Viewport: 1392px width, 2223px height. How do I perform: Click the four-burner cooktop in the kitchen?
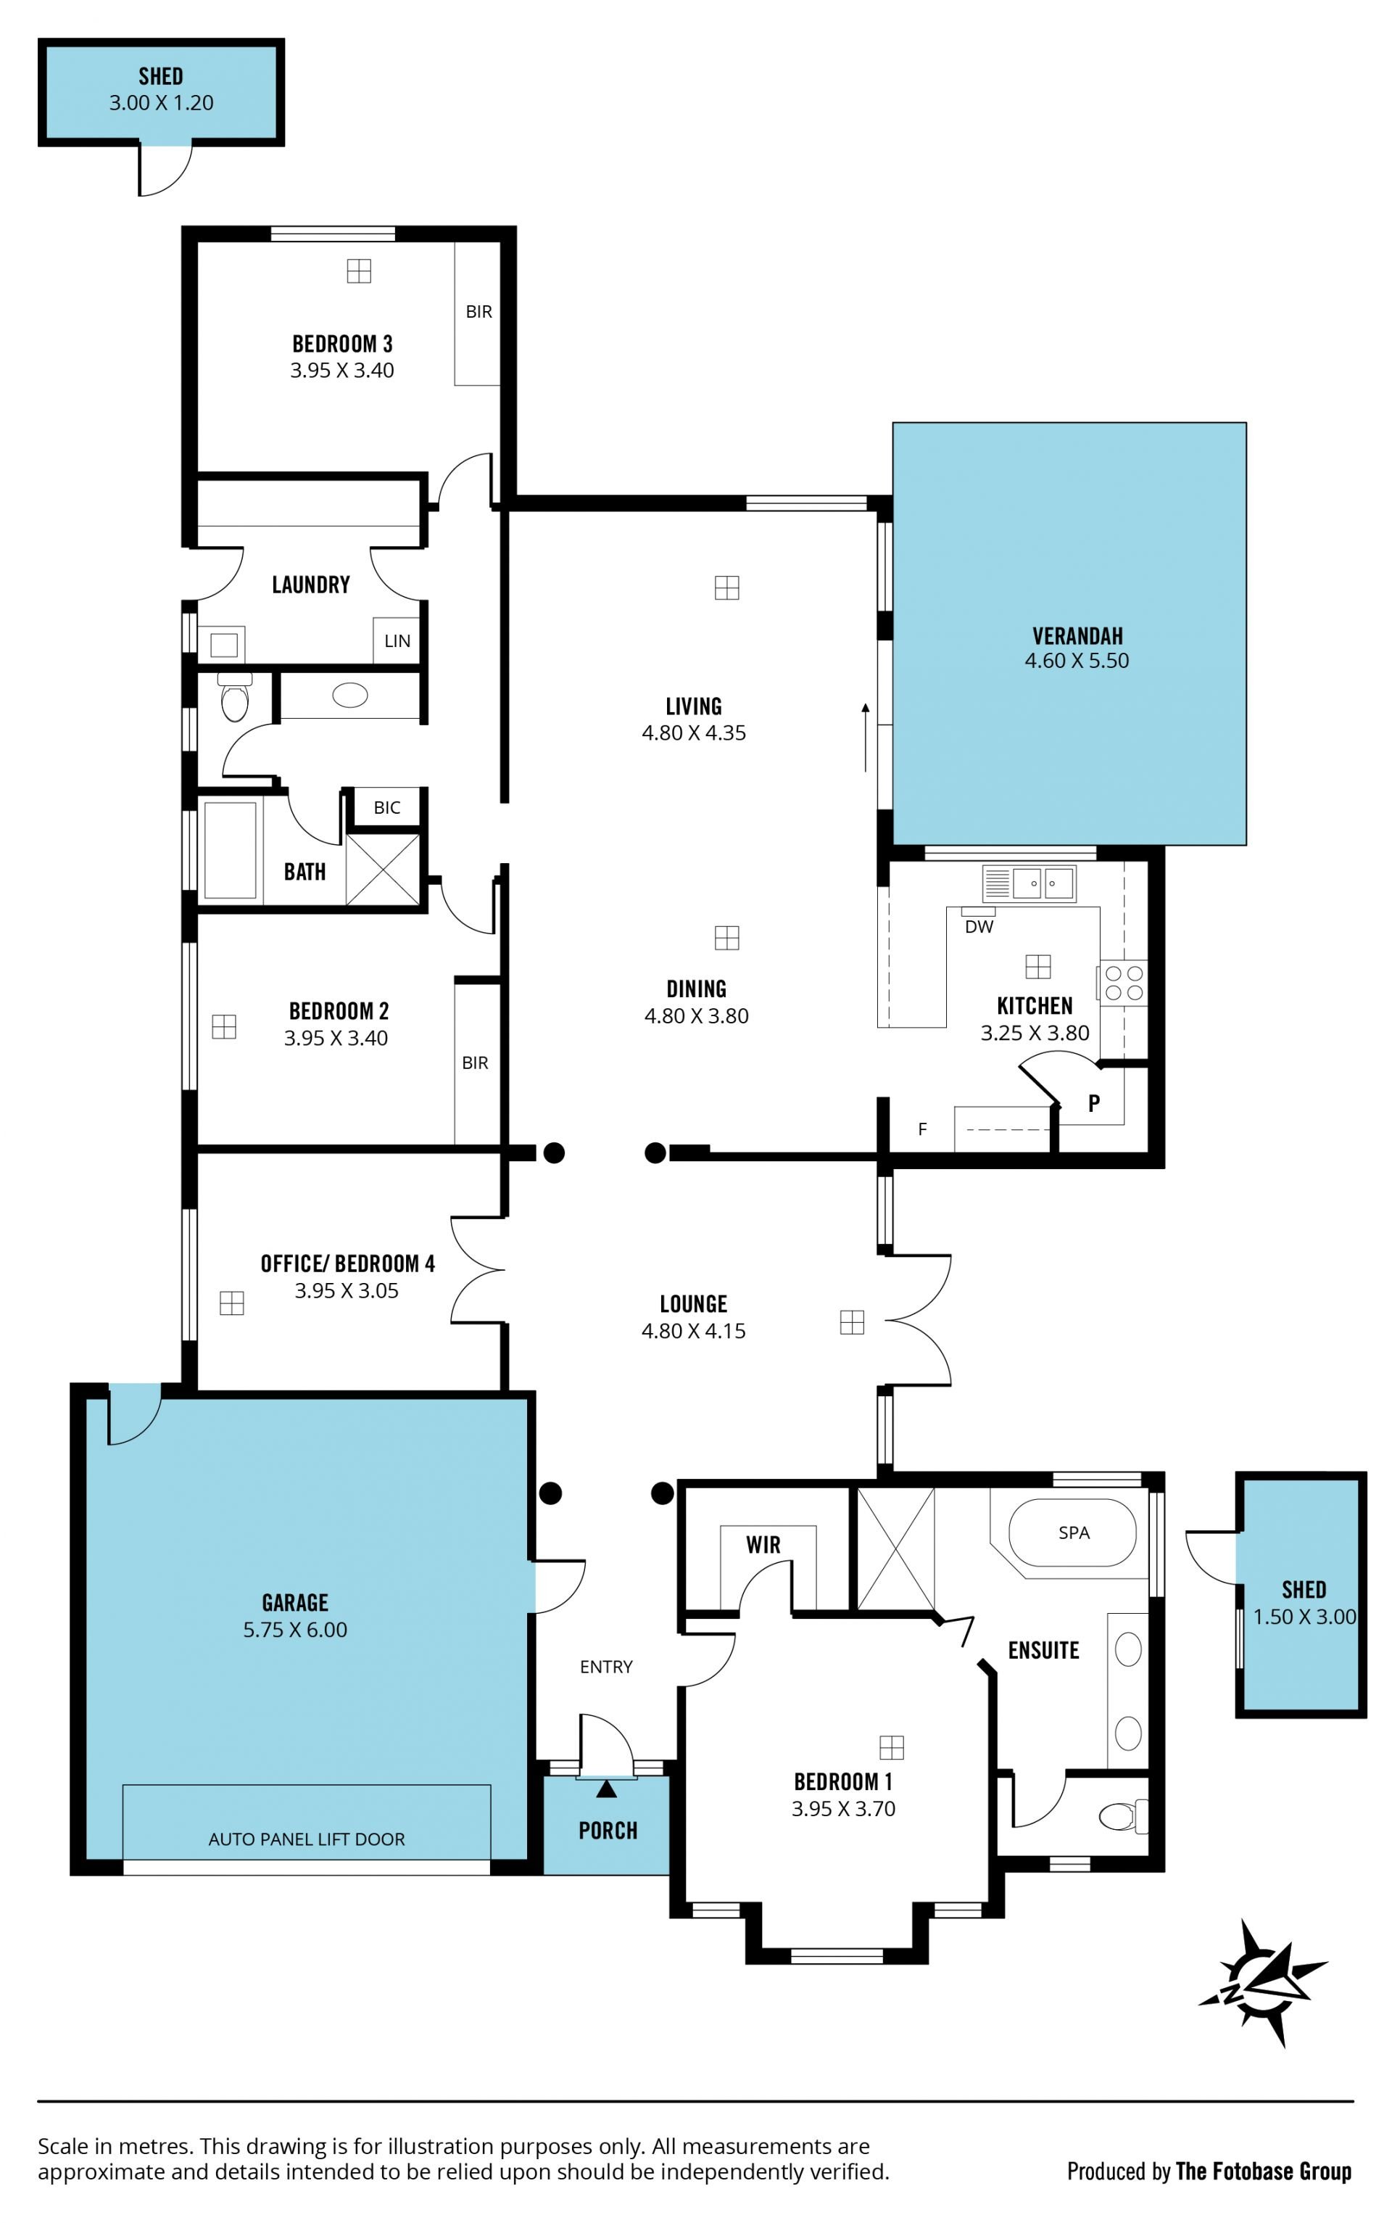(1123, 983)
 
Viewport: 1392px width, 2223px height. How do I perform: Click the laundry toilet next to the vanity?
(235, 698)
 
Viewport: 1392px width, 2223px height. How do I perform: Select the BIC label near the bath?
(386, 808)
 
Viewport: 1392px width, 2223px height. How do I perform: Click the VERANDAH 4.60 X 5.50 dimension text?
(1077, 660)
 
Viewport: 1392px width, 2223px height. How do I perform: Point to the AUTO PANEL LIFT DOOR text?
(307, 1839)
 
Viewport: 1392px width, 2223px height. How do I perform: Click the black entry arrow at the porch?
(606, 1789)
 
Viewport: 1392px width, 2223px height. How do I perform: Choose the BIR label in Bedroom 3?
(478, 311)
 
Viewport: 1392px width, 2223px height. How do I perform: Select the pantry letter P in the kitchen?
(1094, 1103)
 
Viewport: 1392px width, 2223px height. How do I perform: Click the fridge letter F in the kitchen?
(922, 1129)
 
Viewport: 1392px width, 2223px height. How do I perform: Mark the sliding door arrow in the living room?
(866, 737)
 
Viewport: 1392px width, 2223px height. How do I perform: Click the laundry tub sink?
(224, 644)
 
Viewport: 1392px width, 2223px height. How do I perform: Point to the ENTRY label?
(606, 1667)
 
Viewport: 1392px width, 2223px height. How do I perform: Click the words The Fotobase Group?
(1263, 2172)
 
